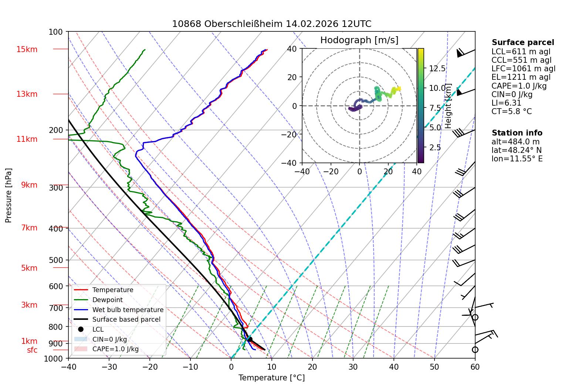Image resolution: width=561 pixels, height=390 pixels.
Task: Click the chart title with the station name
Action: point(271,24)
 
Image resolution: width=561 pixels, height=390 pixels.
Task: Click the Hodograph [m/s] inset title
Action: point(359,40)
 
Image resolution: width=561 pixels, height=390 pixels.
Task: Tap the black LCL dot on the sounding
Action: point(250,339)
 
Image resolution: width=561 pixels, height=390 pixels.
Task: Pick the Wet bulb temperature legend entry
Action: point(119,310)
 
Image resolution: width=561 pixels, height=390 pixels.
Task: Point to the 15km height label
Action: point(27,49)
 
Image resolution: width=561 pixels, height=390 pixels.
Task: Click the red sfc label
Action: point(32,350)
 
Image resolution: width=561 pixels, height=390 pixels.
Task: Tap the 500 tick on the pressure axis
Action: point(55,260)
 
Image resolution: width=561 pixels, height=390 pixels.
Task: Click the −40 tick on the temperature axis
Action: point(68,367)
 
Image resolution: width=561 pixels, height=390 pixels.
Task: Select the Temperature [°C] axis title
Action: point(271,378)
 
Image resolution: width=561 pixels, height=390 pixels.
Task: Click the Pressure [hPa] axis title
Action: point(8,195)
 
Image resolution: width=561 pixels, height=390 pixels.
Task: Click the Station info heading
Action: point(517,133)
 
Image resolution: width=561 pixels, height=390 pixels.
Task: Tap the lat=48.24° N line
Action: point(516,150)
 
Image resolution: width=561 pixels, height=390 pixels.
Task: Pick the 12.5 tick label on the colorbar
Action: point(437,69)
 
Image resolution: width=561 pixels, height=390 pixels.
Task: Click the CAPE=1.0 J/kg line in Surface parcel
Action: point(519,86)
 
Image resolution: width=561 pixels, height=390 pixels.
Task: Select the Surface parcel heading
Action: point(523,42)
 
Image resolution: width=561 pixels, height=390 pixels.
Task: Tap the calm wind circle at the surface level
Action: point(475,350)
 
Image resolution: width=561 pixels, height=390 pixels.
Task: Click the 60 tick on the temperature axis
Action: point(475,367)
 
